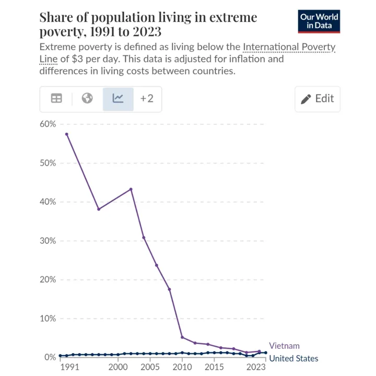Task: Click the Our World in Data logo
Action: pos(319,21)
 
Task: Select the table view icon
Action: pos(56,99)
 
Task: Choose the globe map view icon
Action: pos(87,99)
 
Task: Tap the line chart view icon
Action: pos(118,99)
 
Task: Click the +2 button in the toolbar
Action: pos(147,99)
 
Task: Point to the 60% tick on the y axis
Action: pos(46,124)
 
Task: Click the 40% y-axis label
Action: pos(46,202)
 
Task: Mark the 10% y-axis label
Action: pos(46,319)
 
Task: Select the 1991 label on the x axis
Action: pos(70,367)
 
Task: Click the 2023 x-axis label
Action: pos(256,367)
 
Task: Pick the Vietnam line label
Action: pos(284,346)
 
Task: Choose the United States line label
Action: pos(293,358)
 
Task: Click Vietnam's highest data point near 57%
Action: pos(66,134)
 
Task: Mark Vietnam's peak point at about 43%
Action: pos(131,189)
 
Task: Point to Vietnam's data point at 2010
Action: pos(182,337)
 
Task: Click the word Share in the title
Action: pos(57,17)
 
